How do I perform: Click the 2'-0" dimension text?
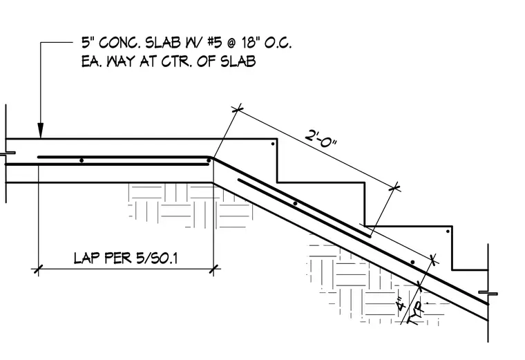tap(321, 138)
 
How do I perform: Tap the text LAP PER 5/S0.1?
tap(126, 258)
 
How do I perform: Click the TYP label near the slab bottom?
tap(416, 312)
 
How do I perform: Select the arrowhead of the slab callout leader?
tap(40, 131)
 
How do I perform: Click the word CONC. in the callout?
tap(120, 43)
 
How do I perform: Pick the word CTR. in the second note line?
tap(176, 61)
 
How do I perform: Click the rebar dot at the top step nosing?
tap(273, 144)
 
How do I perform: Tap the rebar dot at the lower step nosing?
tap(448, 231)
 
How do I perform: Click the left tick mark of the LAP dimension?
tap(39, 269)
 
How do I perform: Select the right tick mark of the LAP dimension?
tap(214, 269)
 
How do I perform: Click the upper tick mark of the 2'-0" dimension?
tap(237, 109)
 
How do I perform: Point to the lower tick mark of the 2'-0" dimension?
tap(395, 188)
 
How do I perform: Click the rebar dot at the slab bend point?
tap(209, 160)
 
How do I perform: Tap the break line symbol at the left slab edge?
tap(6, 153)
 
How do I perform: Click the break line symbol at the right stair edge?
tap(488, 294)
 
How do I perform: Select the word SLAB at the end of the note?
tap(238, 61)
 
